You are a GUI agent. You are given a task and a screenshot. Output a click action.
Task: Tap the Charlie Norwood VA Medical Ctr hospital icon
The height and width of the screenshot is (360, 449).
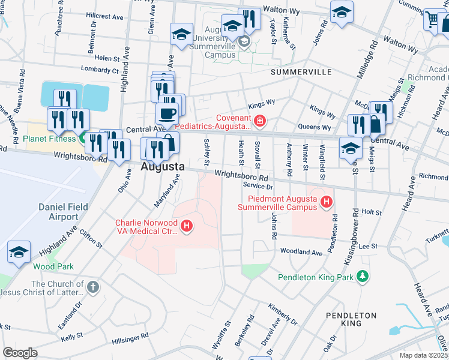(x=187, y=226)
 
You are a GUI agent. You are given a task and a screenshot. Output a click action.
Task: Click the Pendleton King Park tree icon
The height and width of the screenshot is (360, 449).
(x=362, y=276)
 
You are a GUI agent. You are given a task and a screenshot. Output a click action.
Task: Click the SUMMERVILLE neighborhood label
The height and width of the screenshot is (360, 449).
(x=301, y=72)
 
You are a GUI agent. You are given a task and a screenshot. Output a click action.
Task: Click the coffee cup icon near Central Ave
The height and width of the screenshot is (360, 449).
(x=167, y=112)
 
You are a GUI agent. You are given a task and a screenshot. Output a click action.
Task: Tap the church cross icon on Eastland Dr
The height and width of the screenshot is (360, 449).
(x=92, y=287)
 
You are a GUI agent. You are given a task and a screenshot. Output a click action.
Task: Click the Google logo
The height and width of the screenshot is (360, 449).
(x=20, y=353)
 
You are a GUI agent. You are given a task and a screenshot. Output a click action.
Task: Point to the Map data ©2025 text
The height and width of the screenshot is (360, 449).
(x=423, y=355)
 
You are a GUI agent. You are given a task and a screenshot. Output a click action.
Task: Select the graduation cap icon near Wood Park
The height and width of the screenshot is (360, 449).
(x=19, y=252)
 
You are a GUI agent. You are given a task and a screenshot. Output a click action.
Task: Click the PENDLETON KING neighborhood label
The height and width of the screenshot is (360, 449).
(x=351, y=319)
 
